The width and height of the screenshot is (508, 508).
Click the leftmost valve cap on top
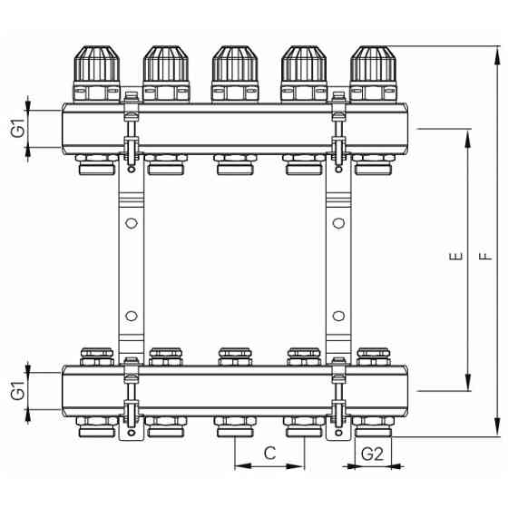tap(96, 65)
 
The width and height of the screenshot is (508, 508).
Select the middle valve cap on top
tap(234, 65)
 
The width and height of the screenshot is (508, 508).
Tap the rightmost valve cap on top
tap(372, 65)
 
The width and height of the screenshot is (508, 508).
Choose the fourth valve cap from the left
tap(303, 65)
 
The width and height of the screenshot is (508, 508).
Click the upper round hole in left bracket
tap(131, 222)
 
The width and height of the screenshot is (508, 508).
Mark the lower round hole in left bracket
tap(131, 317)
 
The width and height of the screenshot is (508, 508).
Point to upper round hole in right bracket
tap(337, 222)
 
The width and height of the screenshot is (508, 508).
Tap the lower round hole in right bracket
tap(337, 317)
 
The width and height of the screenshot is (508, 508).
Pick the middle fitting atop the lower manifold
tap(234, 355)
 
